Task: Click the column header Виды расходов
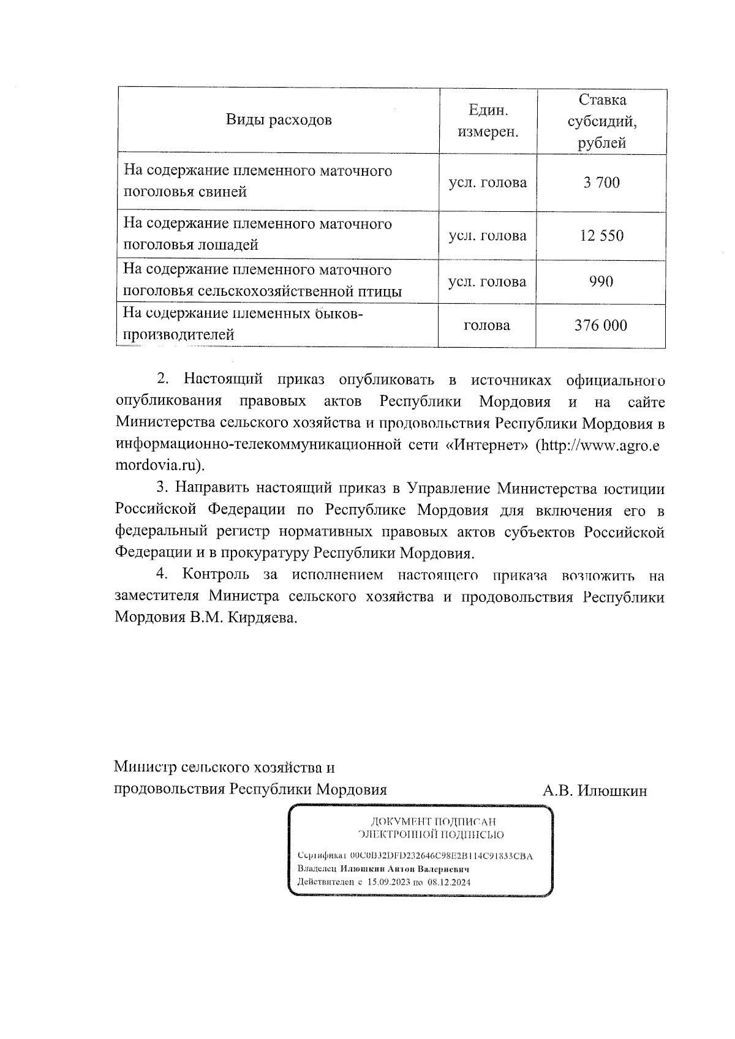(x=279, y=120)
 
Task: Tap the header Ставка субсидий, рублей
(x=601, y=121)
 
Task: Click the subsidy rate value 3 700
(x=601, y=182)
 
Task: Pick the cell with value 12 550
(x=601, y=236)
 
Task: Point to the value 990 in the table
(x=601, y=282)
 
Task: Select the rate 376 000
(x=601, y=325)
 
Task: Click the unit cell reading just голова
(x=488, y=326)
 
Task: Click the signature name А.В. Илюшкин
(x=595, y=791)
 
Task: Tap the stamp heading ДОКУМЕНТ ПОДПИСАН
(x=431, y=822)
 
